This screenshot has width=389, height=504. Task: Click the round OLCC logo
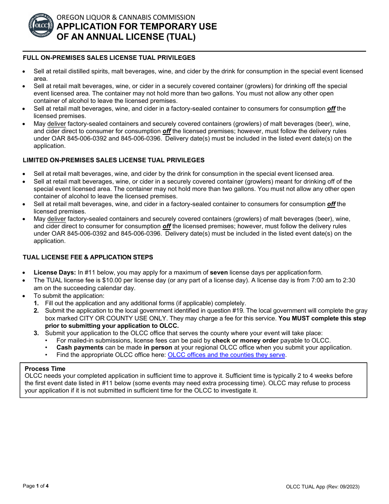(41, 25)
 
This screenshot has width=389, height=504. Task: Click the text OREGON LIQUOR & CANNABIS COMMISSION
(126, 17)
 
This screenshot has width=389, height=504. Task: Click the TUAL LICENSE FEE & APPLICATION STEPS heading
(88, 257)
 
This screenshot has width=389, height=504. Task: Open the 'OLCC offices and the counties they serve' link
(226, 355)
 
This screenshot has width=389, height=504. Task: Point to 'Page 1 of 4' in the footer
(36, 486)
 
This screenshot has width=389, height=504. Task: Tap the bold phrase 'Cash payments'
(80, 347)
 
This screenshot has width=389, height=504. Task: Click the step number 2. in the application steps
(36, 311)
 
